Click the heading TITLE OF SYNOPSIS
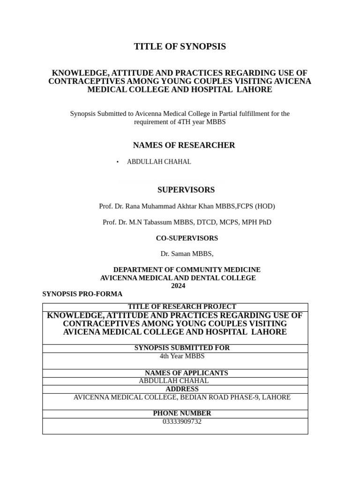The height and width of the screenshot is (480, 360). point(180,46)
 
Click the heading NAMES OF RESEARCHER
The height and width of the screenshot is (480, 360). point(184,145)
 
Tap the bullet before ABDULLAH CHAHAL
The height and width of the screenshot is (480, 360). point(118,162)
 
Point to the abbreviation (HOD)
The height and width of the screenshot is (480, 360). point(265,206)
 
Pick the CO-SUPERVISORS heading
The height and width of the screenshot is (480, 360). point(187,238)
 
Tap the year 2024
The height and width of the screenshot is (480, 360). point(178,285)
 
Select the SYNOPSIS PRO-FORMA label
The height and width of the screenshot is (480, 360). point(82,294)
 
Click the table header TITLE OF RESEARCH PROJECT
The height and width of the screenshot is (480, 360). point(182,307)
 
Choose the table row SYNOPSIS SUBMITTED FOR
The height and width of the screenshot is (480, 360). point(182,348)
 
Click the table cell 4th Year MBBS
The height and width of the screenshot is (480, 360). point(182,356)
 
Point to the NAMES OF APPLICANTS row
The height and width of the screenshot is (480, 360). point(181,373)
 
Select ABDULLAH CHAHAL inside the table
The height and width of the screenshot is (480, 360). point(173,381)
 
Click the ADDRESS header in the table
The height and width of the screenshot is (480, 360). point(182,389)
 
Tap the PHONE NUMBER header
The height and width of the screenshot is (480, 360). point(182,413)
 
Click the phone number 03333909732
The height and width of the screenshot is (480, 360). point(182,421)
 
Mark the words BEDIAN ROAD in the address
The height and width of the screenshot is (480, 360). point(202,397)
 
